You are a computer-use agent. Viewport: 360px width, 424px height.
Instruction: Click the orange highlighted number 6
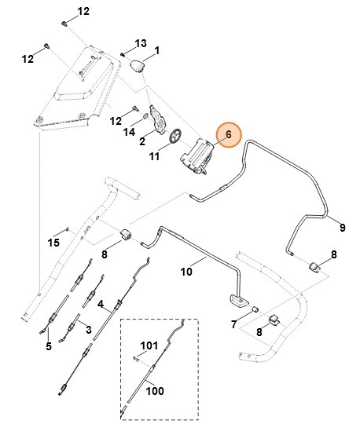point(229,134)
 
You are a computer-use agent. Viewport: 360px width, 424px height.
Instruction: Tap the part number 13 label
point(141,43)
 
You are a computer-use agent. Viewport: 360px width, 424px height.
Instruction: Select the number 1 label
point(157,50)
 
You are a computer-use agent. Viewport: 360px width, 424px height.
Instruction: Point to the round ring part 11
point(176,135)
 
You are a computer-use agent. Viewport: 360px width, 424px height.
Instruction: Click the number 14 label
point(129,132)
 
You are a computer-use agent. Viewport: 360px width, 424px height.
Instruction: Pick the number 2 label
point(142,141)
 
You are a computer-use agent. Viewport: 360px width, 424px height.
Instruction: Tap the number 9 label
point(343,228)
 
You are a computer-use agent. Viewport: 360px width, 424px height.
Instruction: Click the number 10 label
point(186,271)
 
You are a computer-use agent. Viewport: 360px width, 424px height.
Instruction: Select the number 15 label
point(53,243)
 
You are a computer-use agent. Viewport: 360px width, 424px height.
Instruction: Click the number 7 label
point(234,324)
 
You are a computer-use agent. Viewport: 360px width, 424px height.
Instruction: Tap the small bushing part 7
point(255,309)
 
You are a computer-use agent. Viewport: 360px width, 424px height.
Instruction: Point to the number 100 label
point(155,391)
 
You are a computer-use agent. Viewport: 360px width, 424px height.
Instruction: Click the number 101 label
point(149,345)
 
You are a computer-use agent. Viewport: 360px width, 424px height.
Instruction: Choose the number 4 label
point(101,304)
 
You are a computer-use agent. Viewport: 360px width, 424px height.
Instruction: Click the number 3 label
point(89,330)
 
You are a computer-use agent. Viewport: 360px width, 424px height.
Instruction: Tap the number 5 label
point(49,345)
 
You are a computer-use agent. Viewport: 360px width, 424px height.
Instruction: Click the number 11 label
point(154,156)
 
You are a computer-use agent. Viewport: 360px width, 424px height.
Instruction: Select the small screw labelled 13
point(123,54)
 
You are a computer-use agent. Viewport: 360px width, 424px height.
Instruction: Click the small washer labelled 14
point(145,116)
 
